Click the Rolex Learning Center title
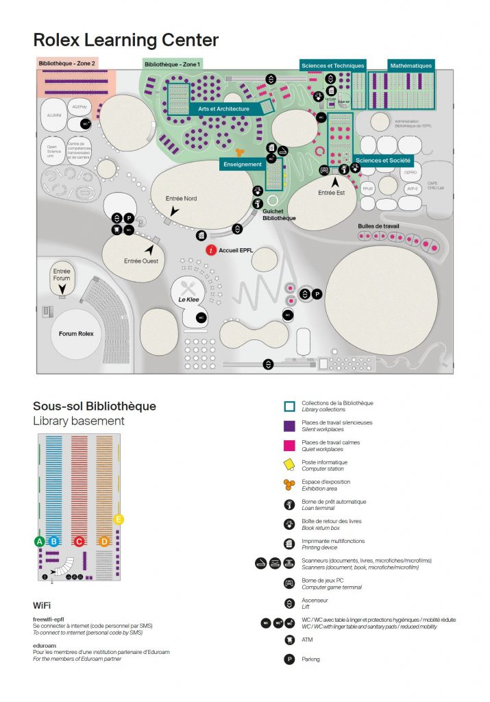tap(125, 40)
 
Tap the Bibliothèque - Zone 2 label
tap(66, 62)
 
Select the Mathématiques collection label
tap(411, 66)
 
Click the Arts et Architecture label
tap(223, 108)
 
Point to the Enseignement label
tap(242, 165)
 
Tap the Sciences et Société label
tap(383, 160)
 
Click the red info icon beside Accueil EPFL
tap(212, 251)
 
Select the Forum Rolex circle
tap(76, 334)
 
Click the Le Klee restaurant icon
tap(189, 288)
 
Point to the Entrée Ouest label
tap(141, 261)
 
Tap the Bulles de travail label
tap(378, 226)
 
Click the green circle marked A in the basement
tap(40, 541)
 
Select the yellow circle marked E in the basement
tap(119, 520)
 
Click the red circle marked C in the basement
tap(79, 541)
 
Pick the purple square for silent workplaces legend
tap(289, 425)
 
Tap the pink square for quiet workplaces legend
tap(289, 445)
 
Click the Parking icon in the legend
tap(289, 659)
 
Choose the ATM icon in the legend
tap(289, 640)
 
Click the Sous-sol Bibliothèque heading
tap(95, 406)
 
